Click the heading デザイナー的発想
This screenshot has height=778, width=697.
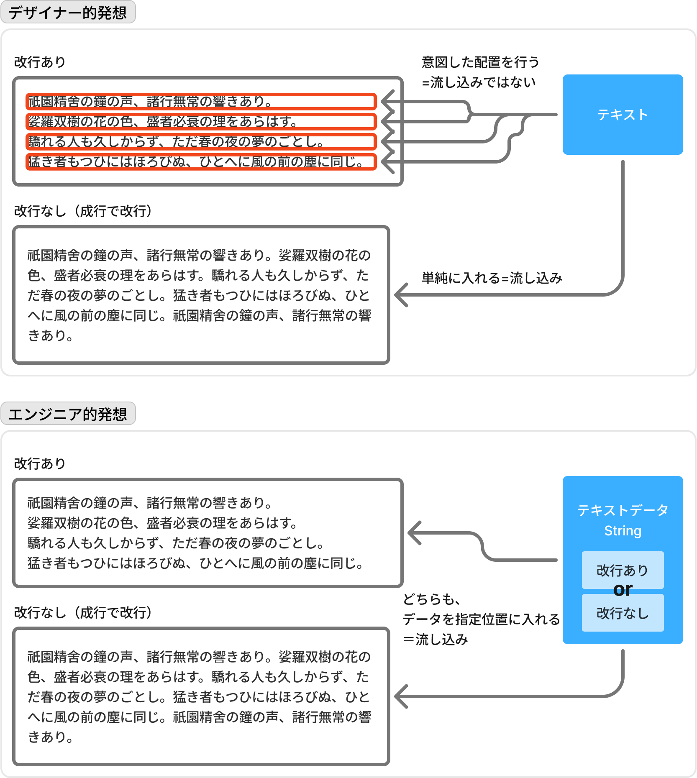(x=68, y=12)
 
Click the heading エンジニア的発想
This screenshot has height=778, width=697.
(x=68, y=414)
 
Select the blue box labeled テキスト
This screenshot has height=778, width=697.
(x=623, y=115)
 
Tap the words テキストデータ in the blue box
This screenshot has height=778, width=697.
(x=623, y=510)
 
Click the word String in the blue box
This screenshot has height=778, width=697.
(x=623, y=530)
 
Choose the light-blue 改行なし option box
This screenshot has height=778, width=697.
(x=623, y=613)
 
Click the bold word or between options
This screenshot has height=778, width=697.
(x=623, y=590)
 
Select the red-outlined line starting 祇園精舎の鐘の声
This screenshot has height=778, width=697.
(x=201, y=102)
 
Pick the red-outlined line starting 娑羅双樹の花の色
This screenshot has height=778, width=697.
(x=201, y=122)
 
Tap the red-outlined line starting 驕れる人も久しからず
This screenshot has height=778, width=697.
(x=201, y=142)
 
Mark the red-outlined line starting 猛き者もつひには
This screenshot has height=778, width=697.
(x=201, y=162)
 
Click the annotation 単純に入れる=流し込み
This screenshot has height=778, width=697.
(x=492, y=278)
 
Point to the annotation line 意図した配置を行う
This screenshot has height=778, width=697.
(x=480, y=62)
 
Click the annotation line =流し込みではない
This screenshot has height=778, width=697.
(x=479, y=82)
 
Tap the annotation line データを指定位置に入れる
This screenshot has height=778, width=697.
(x=481, y=619)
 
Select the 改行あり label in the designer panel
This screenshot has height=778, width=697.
(x=40, y=62)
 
